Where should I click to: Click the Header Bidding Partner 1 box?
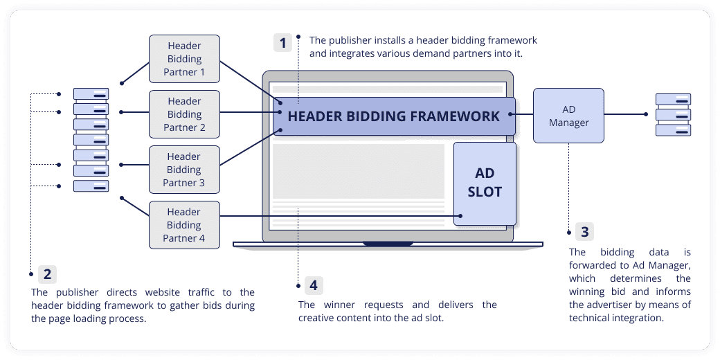pos(184,60)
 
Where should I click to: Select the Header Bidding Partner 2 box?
pos(184,114)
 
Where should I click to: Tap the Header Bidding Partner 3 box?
pos(184,170)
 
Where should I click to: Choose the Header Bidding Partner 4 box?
pos(184,225)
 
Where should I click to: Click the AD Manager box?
pos(568,116)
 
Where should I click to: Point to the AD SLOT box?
pos(485,183)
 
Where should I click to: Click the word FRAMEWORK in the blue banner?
pos(450,116)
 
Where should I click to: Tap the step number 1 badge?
pos(282,43)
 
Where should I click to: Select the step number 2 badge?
pos(47,274)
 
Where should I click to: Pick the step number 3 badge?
pos(585,232)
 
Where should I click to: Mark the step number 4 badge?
pos(314,285)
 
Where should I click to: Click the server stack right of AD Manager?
pos(673,115)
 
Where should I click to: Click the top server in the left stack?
pos(91,94)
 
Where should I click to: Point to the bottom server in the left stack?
pos(91,186)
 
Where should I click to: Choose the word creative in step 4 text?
pos(316,318)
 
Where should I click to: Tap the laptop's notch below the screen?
pos(388,244)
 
